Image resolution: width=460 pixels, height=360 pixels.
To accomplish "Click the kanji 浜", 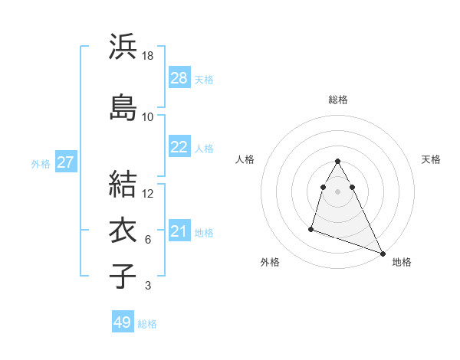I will [123, 47].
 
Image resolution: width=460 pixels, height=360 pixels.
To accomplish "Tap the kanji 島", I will [123, 106].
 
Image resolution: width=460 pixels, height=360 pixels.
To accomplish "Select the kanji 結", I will [123, 183].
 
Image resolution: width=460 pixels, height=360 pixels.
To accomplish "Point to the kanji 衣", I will [123, 230].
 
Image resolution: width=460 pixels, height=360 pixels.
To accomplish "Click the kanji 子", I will [123, 277].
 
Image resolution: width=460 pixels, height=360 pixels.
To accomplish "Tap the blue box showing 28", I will [179, 78].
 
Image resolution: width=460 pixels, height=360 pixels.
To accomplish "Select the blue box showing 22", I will [179, 147].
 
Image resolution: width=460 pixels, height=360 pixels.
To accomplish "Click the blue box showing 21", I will [179, 231].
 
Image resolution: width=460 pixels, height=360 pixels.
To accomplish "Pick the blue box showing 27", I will [66, 162].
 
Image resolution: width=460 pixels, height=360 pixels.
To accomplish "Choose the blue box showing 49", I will [123, 322].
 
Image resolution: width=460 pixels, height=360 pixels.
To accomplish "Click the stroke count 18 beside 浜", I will [148, 56].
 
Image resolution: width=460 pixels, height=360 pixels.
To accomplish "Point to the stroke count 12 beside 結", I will [148, 193].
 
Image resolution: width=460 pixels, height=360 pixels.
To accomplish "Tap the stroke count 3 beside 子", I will [148, 286].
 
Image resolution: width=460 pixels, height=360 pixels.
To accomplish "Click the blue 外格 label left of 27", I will [41, 163].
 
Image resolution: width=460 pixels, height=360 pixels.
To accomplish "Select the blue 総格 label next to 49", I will [147, 324].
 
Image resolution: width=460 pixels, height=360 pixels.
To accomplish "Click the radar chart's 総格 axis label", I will [338, 100].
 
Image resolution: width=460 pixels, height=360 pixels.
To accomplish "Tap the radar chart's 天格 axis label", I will [431, 159].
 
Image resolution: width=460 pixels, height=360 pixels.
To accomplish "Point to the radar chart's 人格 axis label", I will [245, 159].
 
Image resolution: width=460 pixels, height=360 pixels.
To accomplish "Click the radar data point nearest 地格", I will [383, 253].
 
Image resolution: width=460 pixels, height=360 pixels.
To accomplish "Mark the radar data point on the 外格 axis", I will [311, 228].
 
